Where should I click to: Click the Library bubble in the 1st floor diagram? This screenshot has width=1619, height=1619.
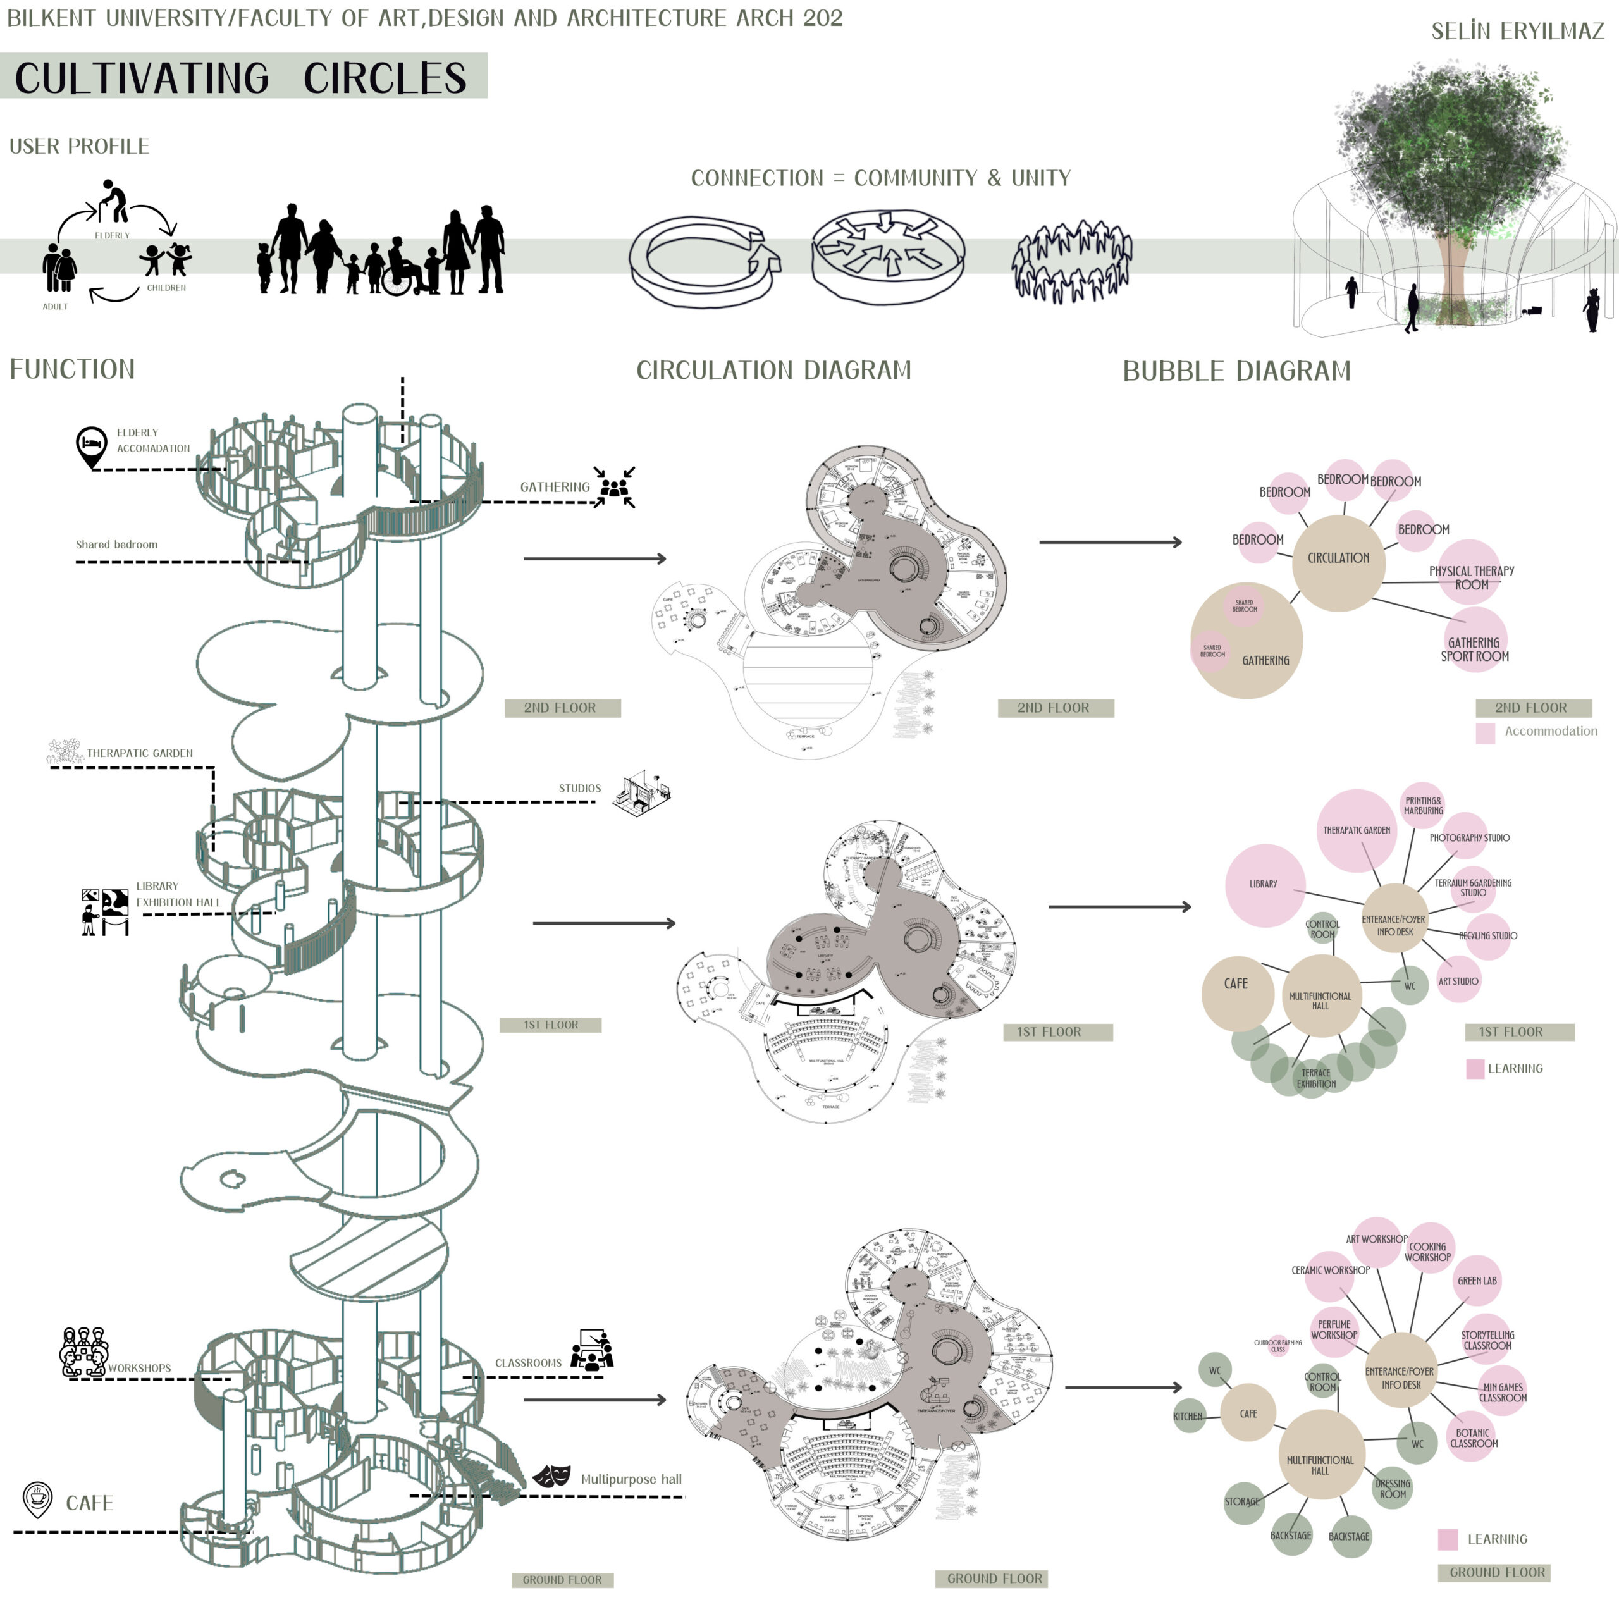(1265, 885)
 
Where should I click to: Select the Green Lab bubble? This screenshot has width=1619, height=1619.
(1477, 1281)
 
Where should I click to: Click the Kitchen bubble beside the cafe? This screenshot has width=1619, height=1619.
(1188, 1416)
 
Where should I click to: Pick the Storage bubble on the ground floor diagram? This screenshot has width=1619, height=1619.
(1243, 1501)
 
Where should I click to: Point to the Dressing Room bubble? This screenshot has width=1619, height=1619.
(1393, 1488)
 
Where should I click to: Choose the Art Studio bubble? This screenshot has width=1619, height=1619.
(1458, 982)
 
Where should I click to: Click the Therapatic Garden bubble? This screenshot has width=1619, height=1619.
(1357, 830)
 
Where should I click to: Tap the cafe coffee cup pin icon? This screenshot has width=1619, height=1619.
(37, 1500)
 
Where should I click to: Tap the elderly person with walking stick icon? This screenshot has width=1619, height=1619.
(113, 201)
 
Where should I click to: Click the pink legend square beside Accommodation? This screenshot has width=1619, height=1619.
(1485, 733)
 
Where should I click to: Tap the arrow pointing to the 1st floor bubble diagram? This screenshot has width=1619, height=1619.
(1119, 907)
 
